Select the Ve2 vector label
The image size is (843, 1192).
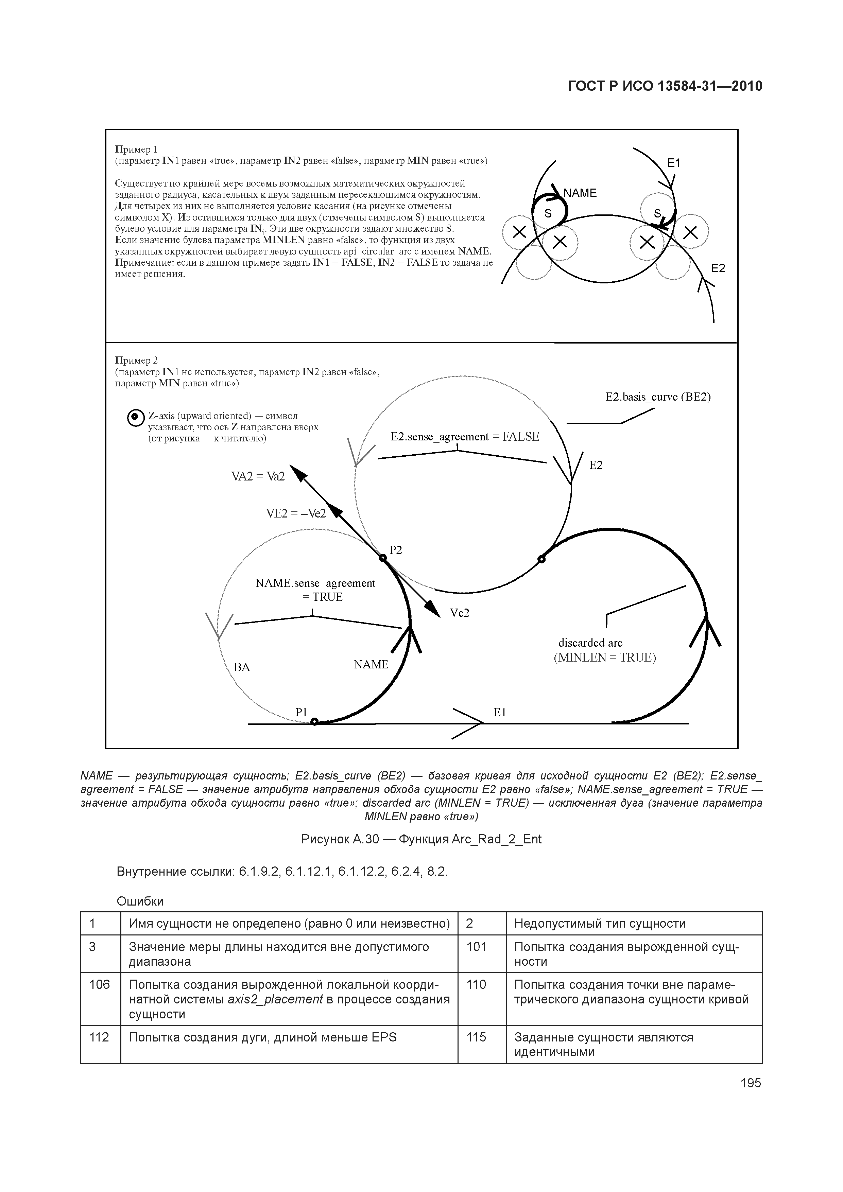click(x=460, y=613)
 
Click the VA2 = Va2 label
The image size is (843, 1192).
click(x=258, y=476)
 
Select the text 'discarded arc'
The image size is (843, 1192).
click(x=590, y=643)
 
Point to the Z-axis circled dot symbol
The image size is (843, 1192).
click(x=135, y=417)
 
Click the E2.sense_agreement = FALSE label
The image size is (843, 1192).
click(x=465, y=437)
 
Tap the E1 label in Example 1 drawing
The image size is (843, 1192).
click(x=674, y=163)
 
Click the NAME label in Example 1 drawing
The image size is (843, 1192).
click(x=580, y=193)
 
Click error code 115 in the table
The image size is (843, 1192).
click(x=476, y=1037)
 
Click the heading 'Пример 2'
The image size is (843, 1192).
click(x=136, y=360)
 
